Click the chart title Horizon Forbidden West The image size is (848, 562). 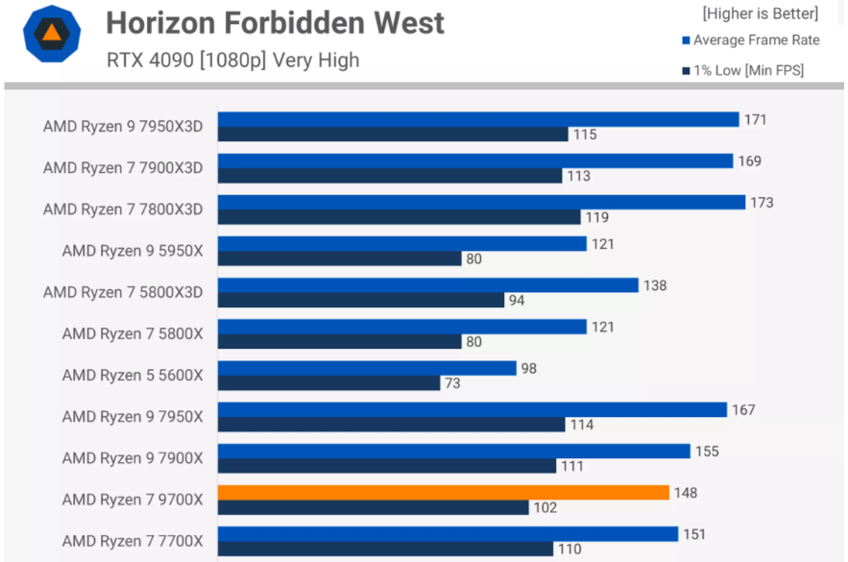(275, 22)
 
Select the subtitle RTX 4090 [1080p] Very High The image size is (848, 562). (233, 60)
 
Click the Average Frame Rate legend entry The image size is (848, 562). (756, 40)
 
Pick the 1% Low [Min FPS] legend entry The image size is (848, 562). (749, 70)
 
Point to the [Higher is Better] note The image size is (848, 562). (760, 13)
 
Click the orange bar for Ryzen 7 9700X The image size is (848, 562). (443, 493)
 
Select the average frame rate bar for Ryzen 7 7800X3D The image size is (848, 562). (481, 203)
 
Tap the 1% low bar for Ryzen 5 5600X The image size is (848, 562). (328, 383)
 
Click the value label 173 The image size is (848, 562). (762, 203)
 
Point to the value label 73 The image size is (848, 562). (451, 383)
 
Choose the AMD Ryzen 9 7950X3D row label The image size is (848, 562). (123, 127)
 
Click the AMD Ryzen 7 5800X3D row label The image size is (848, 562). (123, 292)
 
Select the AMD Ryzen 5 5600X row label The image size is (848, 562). (133, 376)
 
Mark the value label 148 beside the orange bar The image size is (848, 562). (685, 493)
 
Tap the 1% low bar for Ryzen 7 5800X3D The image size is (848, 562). (360, 301)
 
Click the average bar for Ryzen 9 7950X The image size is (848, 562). (472, 410)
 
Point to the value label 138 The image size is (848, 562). (654, 285)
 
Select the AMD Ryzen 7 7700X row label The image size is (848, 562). (133, 541)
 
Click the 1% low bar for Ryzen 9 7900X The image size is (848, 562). (387, 466)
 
